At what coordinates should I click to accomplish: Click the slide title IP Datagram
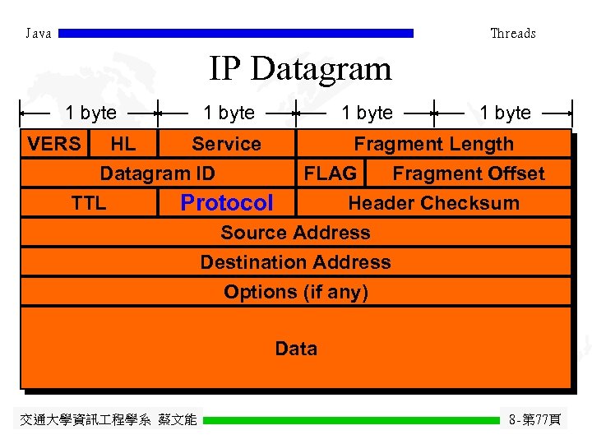(x=300, y=68)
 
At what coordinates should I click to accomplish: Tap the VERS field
(x=54, y=144)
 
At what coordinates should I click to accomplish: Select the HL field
(x=123, y=144)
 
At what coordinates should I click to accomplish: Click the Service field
(x=226, y=144)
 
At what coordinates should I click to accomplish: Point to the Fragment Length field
(x=433, y=144)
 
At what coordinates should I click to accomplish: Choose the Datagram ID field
(x=158, y=173)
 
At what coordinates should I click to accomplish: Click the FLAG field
(x=331, y=173)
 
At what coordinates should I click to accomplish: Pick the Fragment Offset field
(x=469, y=173)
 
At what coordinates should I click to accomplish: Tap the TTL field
(x=89, y=203)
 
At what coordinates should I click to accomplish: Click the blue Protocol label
(x=226, y=203)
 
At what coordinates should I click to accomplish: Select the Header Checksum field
(x=433, y=203)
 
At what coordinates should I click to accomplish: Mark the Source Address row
(x=296, y=233)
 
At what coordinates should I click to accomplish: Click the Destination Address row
(x=296, y=262)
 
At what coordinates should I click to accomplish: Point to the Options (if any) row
(x=296, y=292)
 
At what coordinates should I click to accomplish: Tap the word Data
(x=296, y=349)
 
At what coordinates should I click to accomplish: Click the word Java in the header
(x=39, y=34)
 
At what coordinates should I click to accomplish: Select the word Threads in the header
(x=513, y=34)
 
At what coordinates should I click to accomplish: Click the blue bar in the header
(x=237, y=34)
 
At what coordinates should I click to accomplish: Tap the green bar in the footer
(x=351, y=420)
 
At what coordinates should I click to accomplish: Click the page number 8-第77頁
(x=535, y=420)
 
